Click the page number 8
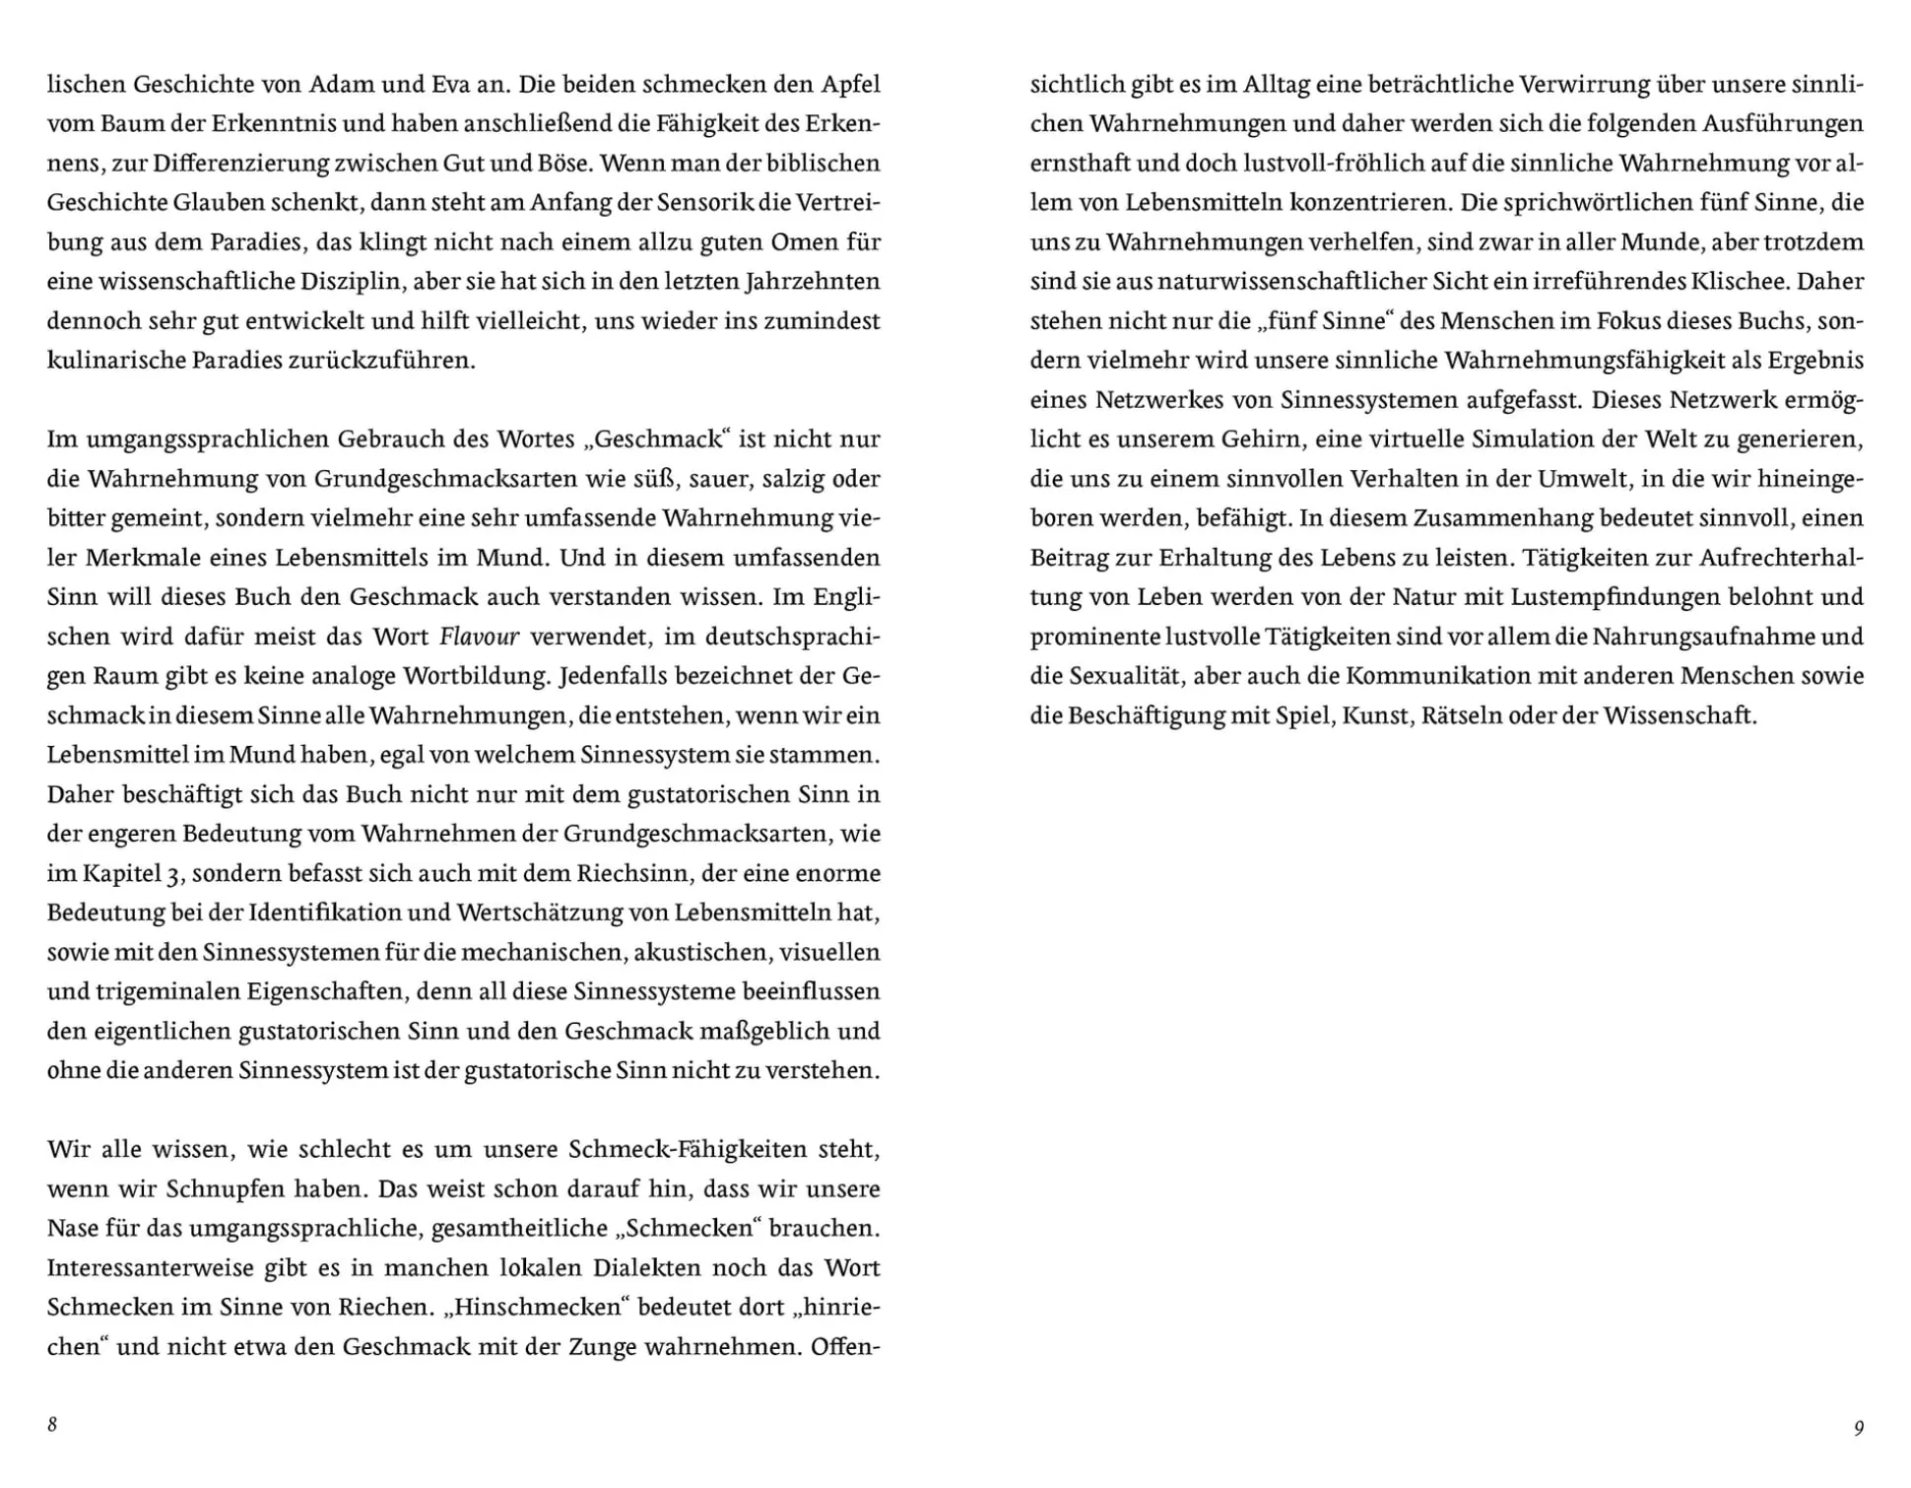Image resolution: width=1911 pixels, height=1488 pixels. click(x=52, y=1425)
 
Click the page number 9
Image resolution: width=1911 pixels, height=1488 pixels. click(x=1859, y=1427)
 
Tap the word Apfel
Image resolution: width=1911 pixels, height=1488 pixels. click(x=850, y=85)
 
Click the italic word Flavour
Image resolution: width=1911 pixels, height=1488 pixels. click(x=479, y=637)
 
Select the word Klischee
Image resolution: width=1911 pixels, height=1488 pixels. click(x=1738, y=282)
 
